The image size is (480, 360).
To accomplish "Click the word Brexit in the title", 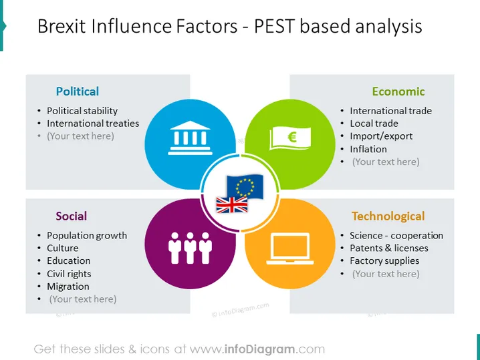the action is click(62, 26).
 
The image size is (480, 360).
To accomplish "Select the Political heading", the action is click(78, 91).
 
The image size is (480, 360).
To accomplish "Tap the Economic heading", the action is click(398, 91).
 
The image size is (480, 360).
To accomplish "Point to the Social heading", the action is click(72, 216).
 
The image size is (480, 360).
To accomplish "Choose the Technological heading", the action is click(388, 216).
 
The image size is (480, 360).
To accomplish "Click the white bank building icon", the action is click(190, 138).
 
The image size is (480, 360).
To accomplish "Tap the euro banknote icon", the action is click(290, 138).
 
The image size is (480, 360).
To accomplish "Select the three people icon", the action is click(190, 248).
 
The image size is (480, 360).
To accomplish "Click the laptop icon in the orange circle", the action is click(290, 248).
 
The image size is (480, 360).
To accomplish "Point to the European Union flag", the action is click(245, 186).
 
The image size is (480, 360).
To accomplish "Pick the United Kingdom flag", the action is click(232, 204).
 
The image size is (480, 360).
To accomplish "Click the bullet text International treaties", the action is click(93, 124).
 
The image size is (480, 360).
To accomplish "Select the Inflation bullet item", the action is click(368, 149).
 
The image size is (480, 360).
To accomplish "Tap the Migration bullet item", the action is click(68, 287).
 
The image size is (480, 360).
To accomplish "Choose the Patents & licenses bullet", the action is click(389, 248).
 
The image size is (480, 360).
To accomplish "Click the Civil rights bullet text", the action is click(69, 274).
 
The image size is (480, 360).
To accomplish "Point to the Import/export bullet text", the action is click(381, 136).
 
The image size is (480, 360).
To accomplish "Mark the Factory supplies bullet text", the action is click(384, 261).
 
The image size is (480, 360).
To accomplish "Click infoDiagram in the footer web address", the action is click(260, 349).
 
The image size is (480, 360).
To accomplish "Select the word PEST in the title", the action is click(274, 26).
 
